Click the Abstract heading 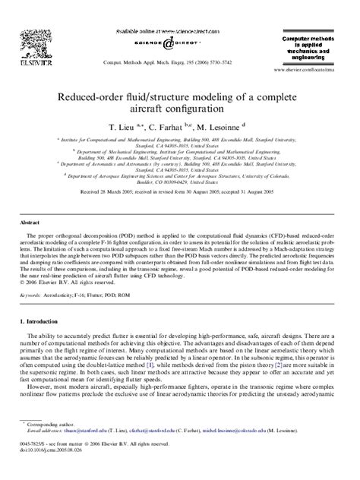pos(30,223)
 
